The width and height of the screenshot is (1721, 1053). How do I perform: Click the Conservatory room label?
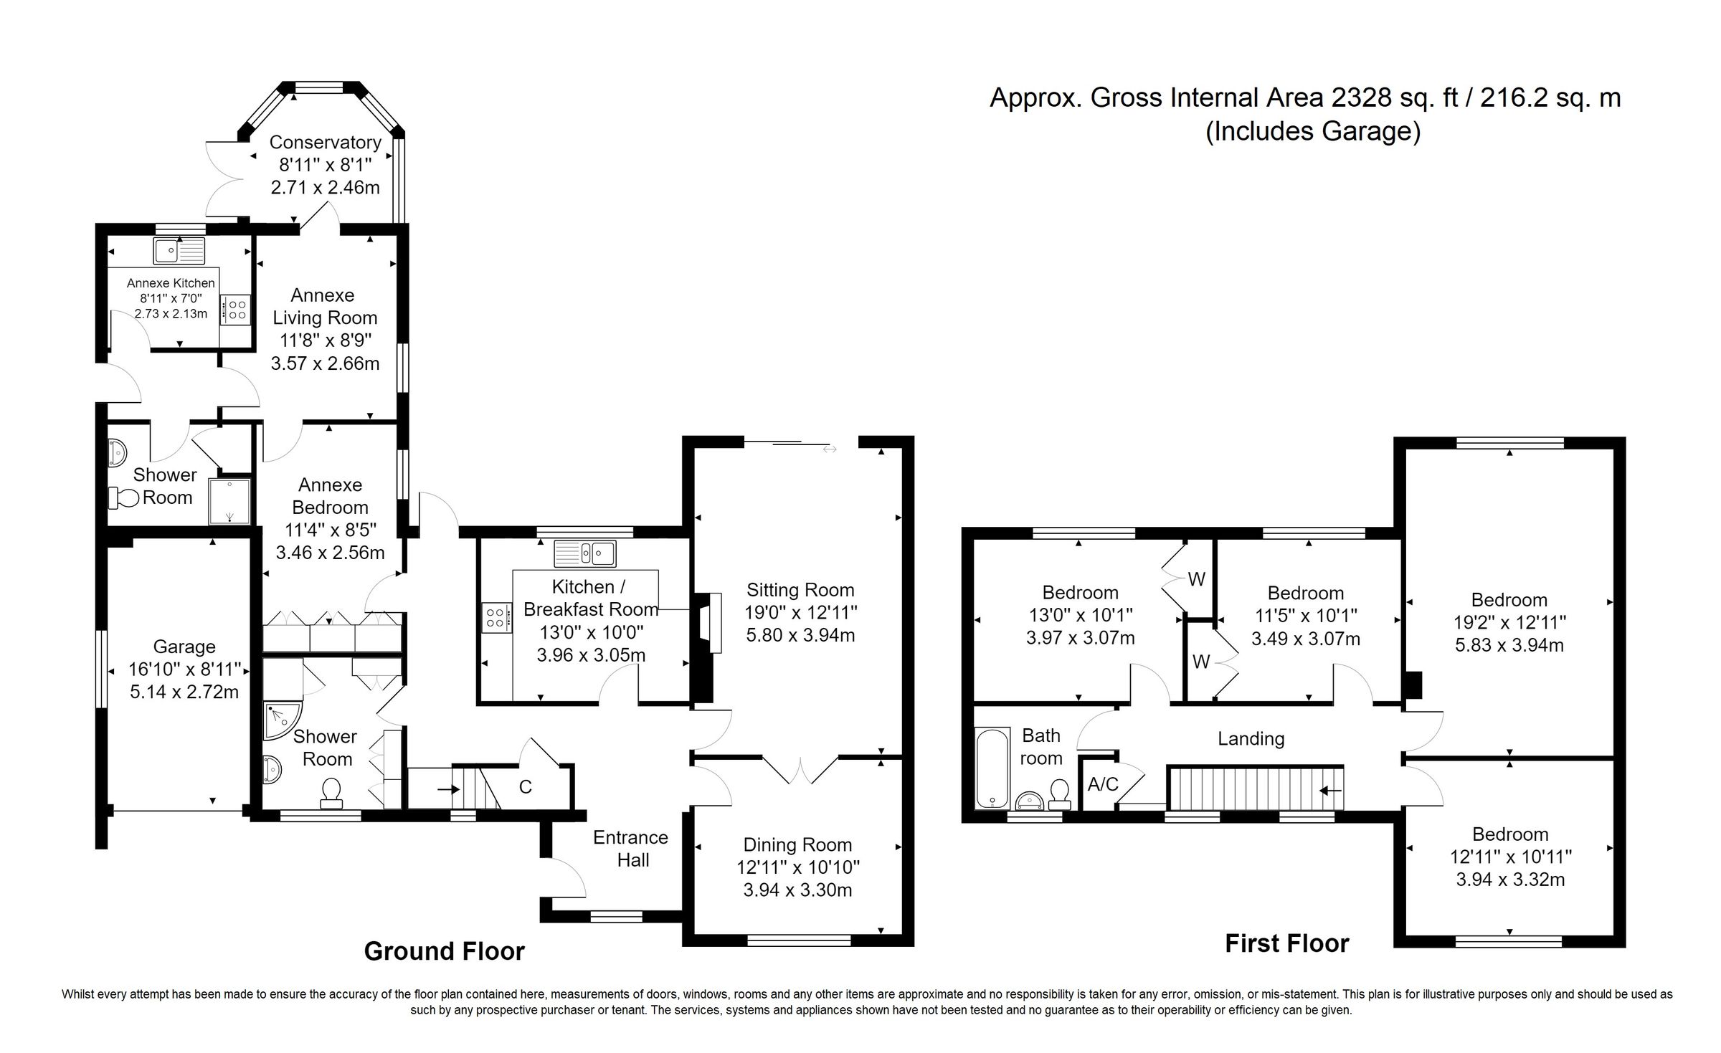[325, 142]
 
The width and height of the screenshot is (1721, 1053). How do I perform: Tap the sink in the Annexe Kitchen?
[179, 250]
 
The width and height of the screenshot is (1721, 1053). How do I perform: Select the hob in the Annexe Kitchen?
[237, 310]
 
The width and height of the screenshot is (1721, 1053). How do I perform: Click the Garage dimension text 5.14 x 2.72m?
[184, 692]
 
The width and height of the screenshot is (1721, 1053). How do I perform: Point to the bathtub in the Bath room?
[992, 768]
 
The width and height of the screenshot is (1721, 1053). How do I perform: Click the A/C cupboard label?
[1102, 784]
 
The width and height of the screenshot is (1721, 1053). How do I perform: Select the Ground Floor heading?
[444, 951]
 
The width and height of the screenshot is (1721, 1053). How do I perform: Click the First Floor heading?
[1286, 943]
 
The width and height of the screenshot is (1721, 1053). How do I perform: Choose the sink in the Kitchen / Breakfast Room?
[584, 553]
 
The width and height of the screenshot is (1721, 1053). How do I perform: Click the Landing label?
[1251, 738]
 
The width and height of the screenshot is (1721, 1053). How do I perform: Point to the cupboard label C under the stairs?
[525, 787]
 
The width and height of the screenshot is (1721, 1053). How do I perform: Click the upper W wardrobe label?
[1196, 579]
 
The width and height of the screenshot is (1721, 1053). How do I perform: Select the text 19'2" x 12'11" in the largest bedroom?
[1509, 622]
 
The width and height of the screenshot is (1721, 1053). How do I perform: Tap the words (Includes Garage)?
[1312, 132]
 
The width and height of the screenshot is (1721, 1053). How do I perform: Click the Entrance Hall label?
[631, 849]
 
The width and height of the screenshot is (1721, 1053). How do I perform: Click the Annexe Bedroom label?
[330, 496]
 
